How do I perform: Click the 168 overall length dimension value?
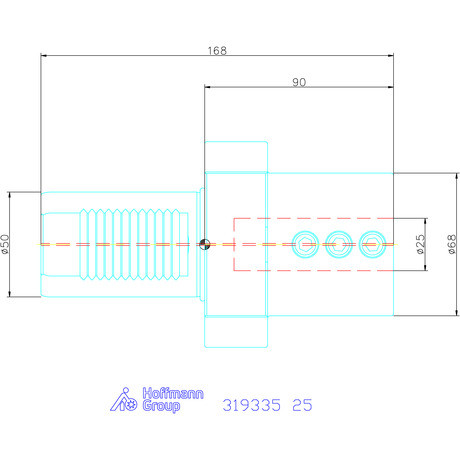pyautogui.click(x=216, y=48)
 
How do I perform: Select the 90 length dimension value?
pyautogui.click(x=299, y=82)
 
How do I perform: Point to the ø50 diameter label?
pyautogui.click(x=8, y=243)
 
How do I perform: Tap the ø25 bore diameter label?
pyautogui.click(x=420, y=244)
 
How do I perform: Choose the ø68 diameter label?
pyautogui.click(x=452, y=244)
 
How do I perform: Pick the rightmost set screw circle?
pyautogui.click(x=374, y=243)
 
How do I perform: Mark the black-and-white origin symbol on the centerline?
pyautogui.click(x=204, y=244)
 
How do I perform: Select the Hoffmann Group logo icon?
pyautogui.click(x=121, y=400)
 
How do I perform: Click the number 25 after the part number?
pyautogui.click(x=301, y=405)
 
